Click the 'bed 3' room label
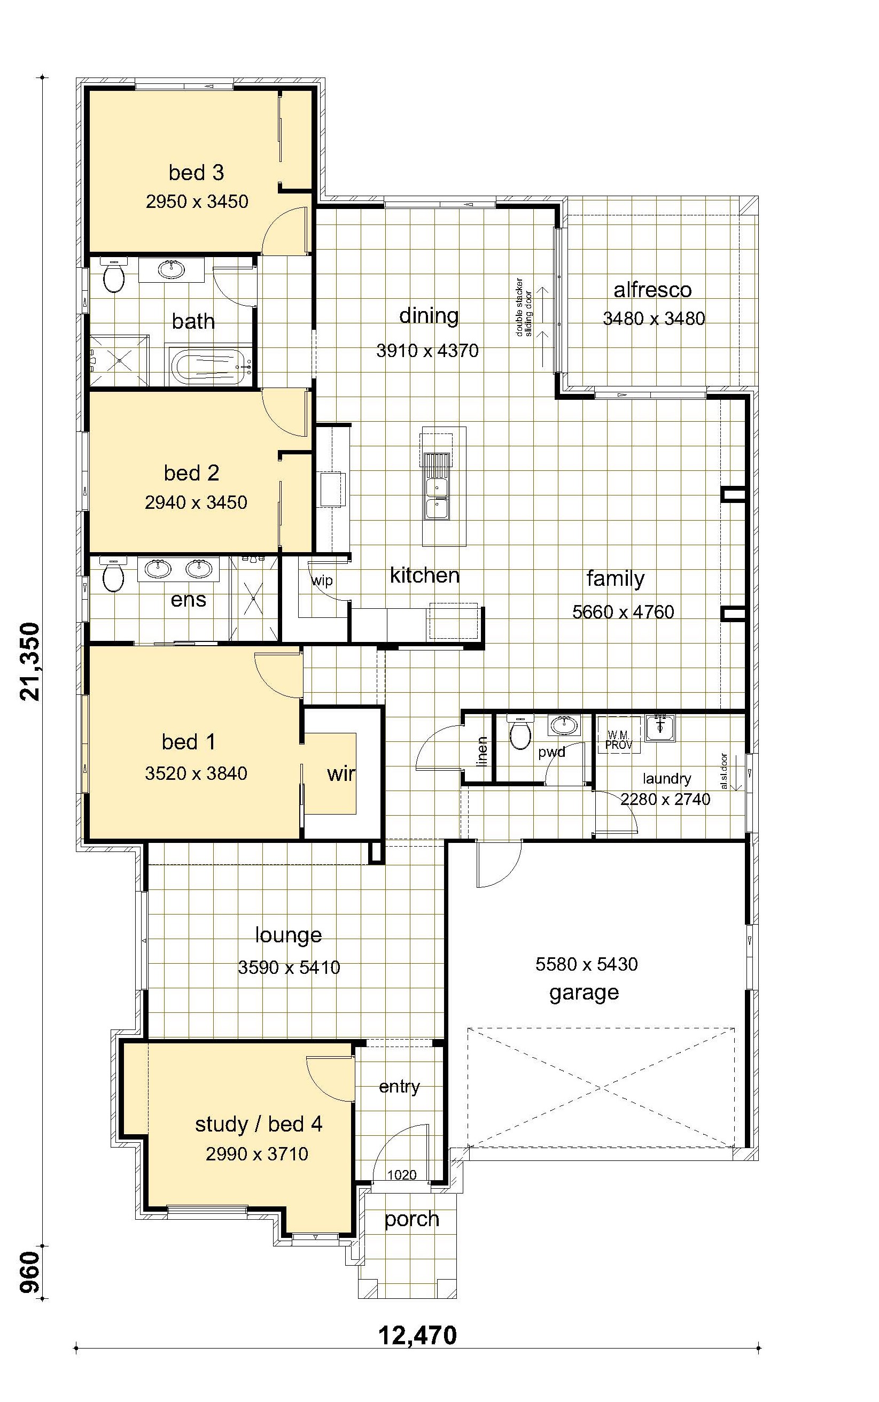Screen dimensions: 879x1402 pyautogui.click(x=197, y=173)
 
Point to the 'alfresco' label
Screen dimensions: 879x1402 pyautogui.click(x=652, y=290)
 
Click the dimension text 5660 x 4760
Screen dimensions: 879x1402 pyautogui.click(x=623, y=612)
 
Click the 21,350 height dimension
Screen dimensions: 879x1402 pyautogui.click(x=30, y=662)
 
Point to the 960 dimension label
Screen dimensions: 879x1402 pyautogui.click(x=30, y=1272)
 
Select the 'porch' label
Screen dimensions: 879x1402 pyautogui.click(x=411, y=1219)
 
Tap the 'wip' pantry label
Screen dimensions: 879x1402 pyautogui.click(x=322, y=580)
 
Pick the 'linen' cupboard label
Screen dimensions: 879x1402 pyautogui.click(x=482, y=751)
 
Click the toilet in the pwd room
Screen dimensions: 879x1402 pyautogui.click(x=520, y=732)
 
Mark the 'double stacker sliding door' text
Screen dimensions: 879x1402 pyautogui.click(x=524, y=308)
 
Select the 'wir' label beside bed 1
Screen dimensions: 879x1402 pyautogui.click(x=341, y=774)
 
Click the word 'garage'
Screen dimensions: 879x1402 pyautogui.click(x=584, y=993)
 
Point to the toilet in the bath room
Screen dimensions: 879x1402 pyautogui.click(x=113, y=276)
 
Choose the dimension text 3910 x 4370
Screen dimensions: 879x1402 pyautogui.click(x=427, y=351)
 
